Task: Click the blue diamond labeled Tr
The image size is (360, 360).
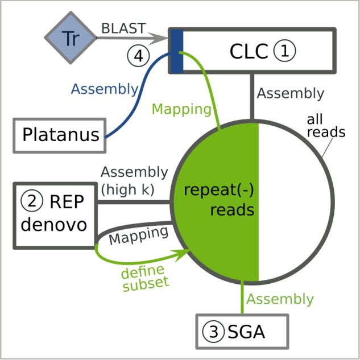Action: click(71, 38)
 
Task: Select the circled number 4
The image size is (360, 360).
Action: click(138, 56)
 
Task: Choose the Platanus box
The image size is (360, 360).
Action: click(60, 135)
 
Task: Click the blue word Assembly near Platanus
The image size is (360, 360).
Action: click(105, 89)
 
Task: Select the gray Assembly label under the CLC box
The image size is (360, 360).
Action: click(290, 93)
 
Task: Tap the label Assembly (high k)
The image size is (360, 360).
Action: click(134, 180)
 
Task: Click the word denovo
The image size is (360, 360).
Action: click(54, 224)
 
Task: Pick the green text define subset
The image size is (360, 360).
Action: click(145, 278)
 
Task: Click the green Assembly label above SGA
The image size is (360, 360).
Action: click(280, 299)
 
